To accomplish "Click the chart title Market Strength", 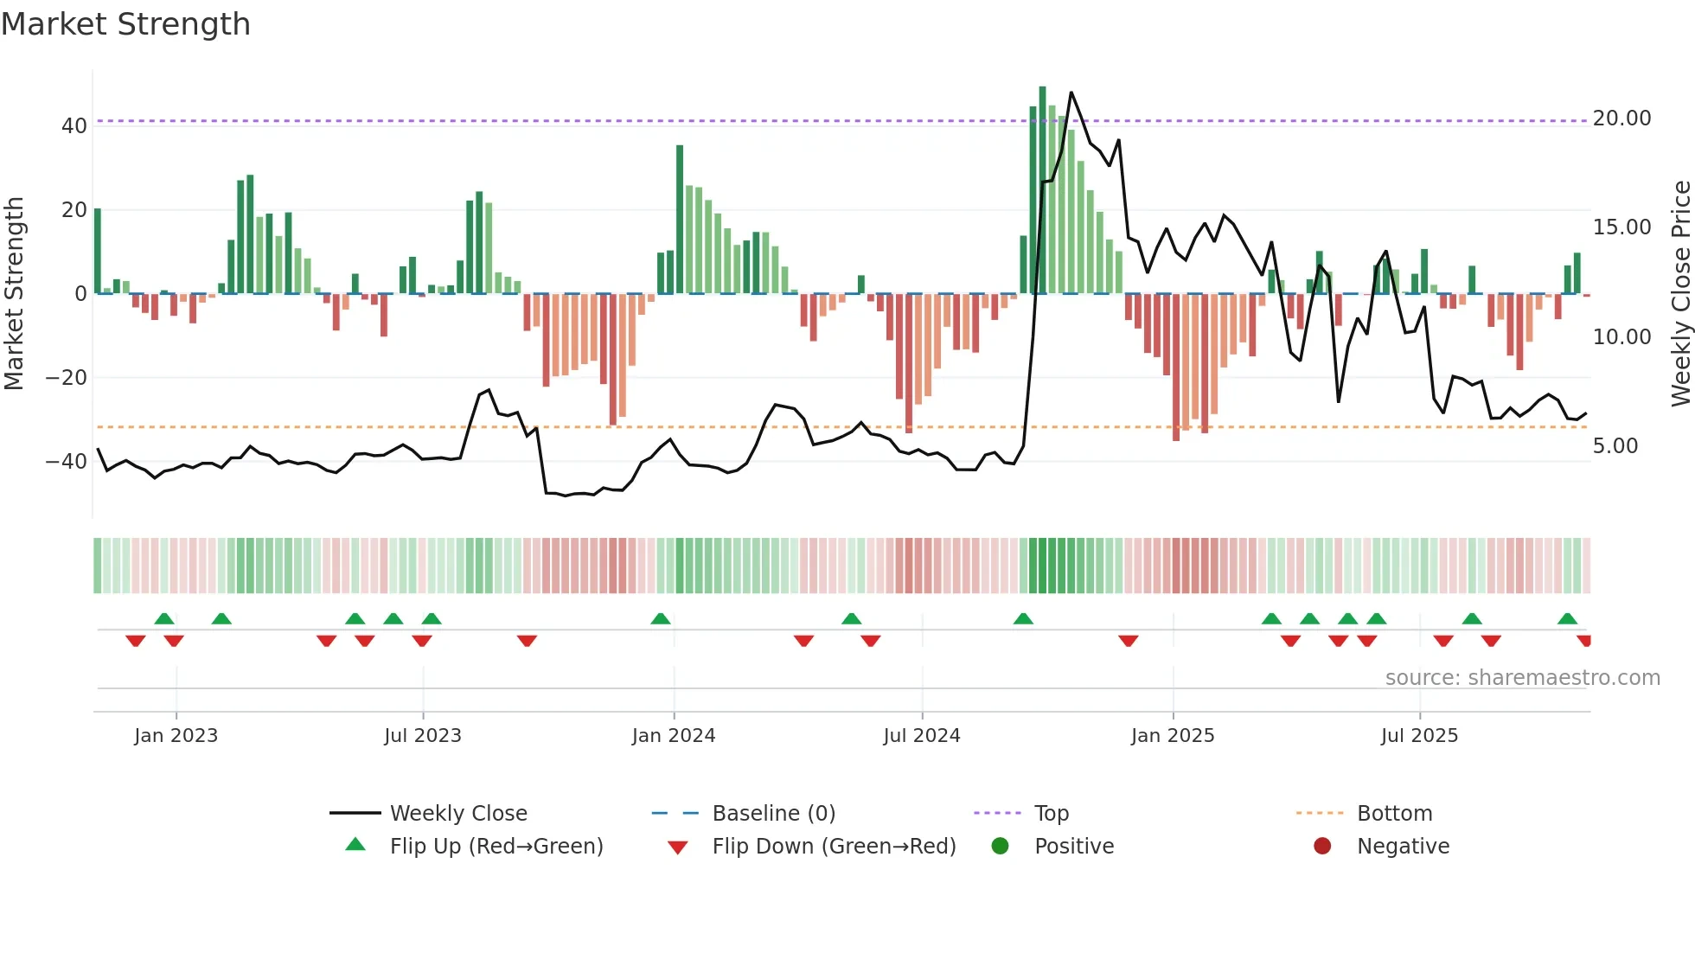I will pyautogui.click(x=125, y=24).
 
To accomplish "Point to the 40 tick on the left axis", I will pyautogui.click(x=74, y=126).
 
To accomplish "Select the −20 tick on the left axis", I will pyautogui.click(x=67, y=378).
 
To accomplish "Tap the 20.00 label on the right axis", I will pyautogui.click(x=1621, y=118).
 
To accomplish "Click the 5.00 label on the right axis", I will pyautogui.click(x=1615, y=446).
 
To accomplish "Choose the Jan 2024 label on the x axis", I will pyautogui.click(x=674, y=736).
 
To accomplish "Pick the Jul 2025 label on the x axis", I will pyautogui.click(x=1419, y=736).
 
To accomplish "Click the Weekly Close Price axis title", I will pyautogui.click(x=1680, y=294).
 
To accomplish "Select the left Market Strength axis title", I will pyautogui.click(x=14, y=294).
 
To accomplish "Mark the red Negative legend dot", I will pyautogui.click(x=1322, y=847).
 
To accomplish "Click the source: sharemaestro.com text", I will pyautogui.click(x=1522, y=678).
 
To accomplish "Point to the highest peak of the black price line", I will pyautogui.click(x=1071, y=93).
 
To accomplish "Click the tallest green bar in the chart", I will pyautogui.click(x=1042, y=190).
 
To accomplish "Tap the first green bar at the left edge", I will pyautogui.click(x=98, y=251).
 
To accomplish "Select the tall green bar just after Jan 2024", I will pyautogui.click(x=680, y=220).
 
